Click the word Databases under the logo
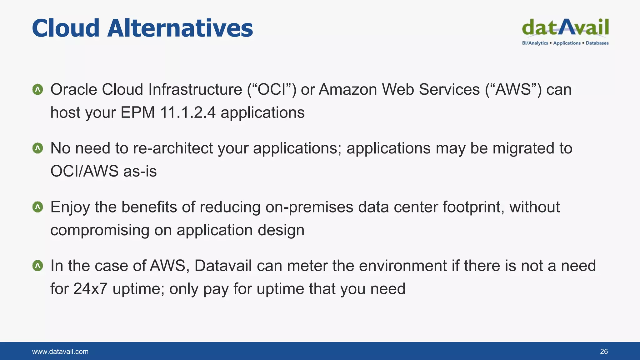597,43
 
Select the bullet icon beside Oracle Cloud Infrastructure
37,90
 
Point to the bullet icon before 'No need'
37,148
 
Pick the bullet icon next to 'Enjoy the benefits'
37,207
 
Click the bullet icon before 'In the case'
37,266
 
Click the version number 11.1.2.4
187,112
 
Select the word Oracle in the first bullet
74,90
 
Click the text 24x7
90,289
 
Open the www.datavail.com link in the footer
60,352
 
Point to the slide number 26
604,352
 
